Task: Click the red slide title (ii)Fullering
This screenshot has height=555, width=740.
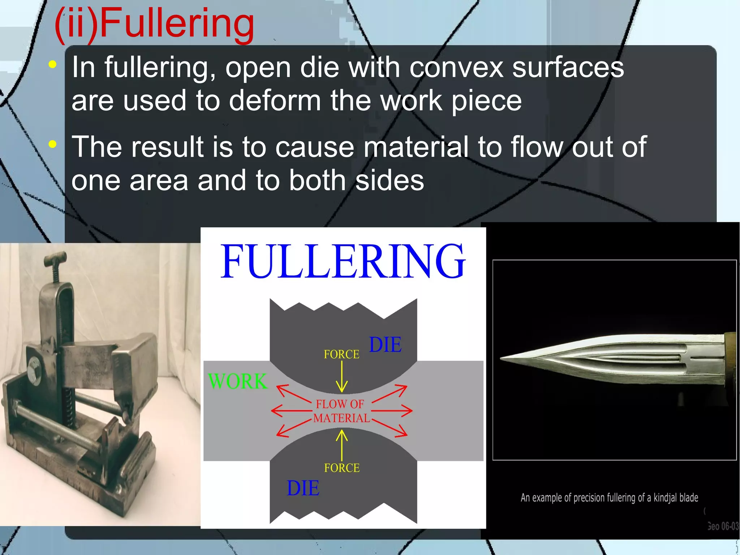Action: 155,25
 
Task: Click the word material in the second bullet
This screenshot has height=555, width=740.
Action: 416,147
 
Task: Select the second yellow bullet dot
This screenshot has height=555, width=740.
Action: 53,144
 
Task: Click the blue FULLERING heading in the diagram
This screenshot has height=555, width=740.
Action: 343,261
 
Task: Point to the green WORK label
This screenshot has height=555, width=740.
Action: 237,381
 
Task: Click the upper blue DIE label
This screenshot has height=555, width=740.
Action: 385,345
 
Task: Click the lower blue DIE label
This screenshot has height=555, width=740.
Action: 303,488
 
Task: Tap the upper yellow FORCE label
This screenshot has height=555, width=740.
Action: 341,354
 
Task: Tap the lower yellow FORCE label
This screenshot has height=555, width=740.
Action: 342,468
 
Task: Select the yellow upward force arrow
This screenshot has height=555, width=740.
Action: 342,444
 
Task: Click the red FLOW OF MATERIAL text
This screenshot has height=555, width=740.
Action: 341,411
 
